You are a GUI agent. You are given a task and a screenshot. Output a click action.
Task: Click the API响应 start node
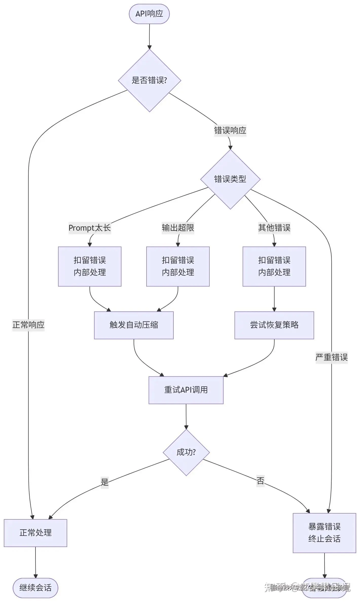149,14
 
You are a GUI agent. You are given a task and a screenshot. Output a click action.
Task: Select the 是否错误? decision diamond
149,80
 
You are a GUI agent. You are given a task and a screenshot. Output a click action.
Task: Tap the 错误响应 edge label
230,131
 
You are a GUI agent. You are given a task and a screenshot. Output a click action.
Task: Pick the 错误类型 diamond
230,179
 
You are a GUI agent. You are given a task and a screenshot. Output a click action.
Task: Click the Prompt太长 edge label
90,228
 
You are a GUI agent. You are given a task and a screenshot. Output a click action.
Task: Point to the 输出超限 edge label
178,228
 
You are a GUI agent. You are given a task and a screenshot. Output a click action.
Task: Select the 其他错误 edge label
274,228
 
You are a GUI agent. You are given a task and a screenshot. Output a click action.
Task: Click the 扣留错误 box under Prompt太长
90,266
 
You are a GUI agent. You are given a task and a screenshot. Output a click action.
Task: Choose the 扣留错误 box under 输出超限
178,266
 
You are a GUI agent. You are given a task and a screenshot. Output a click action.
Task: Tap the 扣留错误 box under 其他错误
274,266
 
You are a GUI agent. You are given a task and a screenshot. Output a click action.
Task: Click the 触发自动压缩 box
134,325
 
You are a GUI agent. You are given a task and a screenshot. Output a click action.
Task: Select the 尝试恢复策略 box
274,325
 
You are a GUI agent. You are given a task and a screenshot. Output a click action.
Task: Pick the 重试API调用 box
186,390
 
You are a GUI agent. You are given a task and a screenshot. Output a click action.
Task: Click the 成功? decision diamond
186,452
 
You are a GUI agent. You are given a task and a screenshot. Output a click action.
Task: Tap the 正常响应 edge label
28,325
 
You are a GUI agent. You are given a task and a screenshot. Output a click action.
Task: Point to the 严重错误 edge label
331,357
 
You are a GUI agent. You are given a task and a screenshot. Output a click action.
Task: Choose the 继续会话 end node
35,588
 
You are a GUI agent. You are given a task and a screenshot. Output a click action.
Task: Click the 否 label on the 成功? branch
260,481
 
